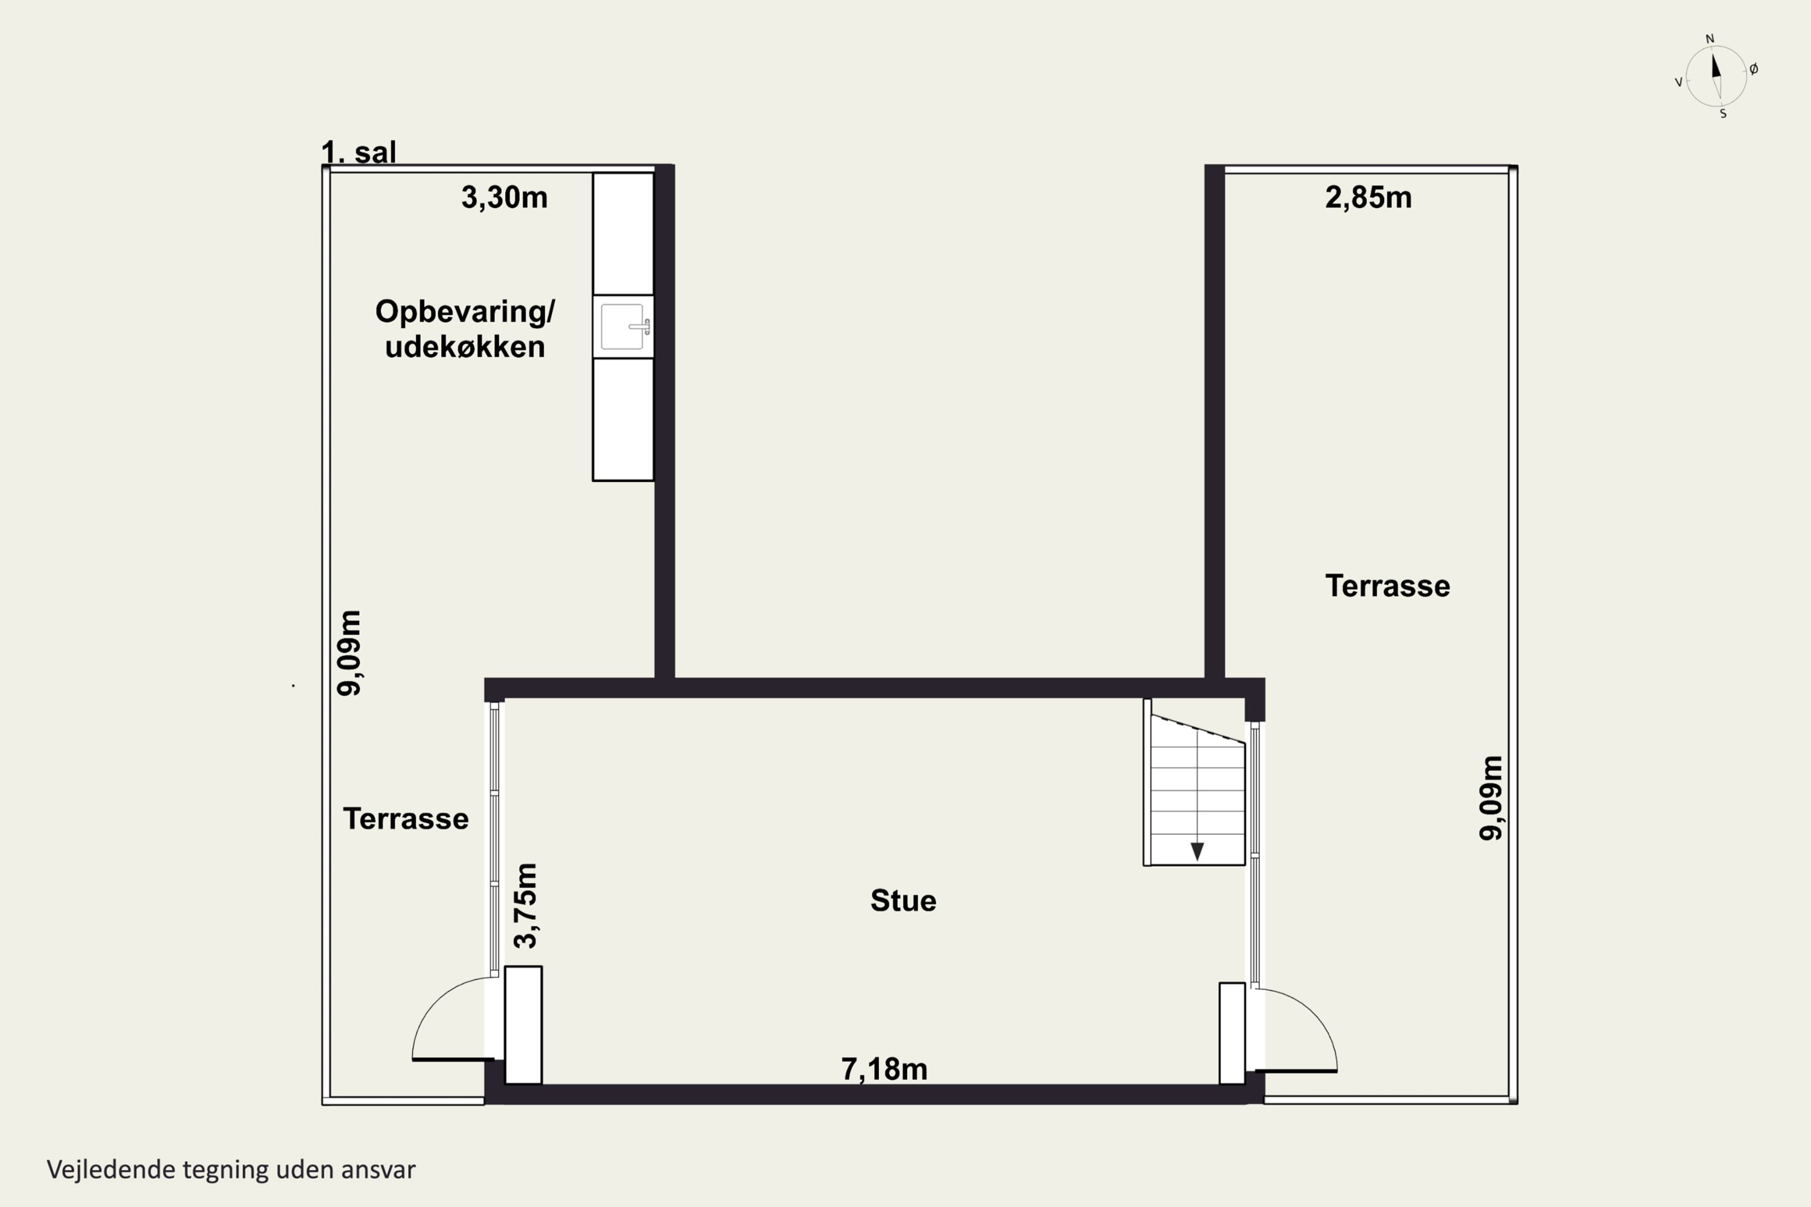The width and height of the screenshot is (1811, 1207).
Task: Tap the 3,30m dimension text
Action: pos(504,198)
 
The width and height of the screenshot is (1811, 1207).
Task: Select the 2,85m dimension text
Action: pos(1369,198)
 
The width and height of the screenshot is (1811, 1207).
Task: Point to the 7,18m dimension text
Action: pos(884,1069)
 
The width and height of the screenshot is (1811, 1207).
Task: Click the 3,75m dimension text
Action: pos(526,905)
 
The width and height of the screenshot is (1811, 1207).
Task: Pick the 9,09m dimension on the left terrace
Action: pos(349,654)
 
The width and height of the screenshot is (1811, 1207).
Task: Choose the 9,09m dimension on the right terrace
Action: pos(1490,798)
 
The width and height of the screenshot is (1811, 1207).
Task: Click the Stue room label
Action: pos(903,900)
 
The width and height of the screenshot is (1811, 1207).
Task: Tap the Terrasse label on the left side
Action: pos(406,818)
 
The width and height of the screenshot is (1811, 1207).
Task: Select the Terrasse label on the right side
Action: pos(1387,586)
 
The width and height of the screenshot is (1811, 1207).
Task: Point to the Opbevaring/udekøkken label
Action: pos(465,329)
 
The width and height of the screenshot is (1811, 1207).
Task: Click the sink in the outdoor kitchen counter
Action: pos(624,326)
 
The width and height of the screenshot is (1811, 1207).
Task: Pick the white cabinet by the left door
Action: pos(523,1025)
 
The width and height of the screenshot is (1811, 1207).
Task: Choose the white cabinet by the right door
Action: pos(1232,1033)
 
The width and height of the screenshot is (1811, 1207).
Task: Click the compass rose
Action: pos(1716,76)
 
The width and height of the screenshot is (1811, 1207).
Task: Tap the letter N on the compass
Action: pos(1710,39)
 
